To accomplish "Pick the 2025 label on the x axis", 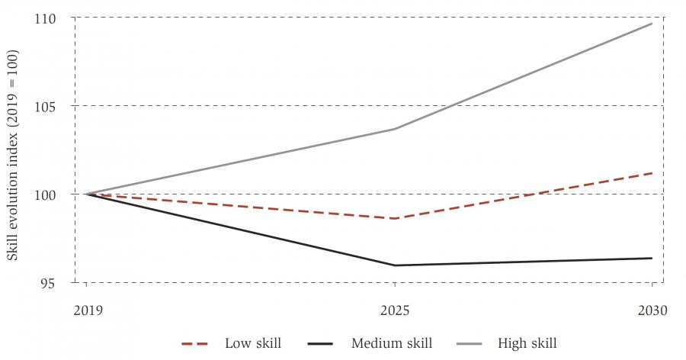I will tap(395, 311).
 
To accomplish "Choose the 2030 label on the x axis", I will tap(652, 311).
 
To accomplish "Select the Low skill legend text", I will tap(253, 343).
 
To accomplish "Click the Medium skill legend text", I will tap(392, 343).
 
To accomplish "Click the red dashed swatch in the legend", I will tap(196, 343).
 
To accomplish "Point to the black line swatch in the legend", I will tap(322, 343).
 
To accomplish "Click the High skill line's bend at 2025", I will tap(395, 129).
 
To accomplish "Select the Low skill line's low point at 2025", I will tap(395, 219).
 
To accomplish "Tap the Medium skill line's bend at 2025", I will tap(395, 265).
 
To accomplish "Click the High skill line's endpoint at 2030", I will tap(652, 24).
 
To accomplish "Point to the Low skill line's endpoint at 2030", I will tap(652, 173).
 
